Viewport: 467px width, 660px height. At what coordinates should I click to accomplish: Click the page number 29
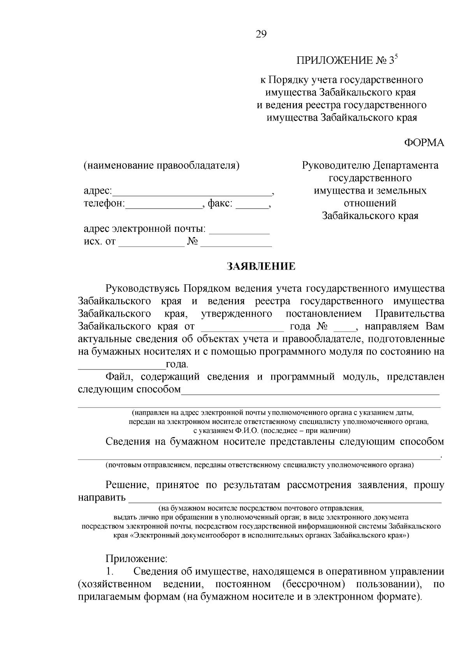click(261, 35)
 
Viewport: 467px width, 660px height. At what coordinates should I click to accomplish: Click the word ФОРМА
click(424, 143)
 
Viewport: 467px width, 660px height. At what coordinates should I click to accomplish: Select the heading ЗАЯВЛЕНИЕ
click(261, 266)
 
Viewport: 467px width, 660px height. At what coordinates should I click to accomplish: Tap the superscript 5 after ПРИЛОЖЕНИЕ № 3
click(397, 57)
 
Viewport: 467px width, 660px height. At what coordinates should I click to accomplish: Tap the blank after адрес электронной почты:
click(239, 232)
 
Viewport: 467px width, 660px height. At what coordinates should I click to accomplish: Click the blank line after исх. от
click(151, 245)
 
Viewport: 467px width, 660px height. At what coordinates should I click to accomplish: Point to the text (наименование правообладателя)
click(162, 166)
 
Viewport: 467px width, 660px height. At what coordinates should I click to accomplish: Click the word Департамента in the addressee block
click(406, 166)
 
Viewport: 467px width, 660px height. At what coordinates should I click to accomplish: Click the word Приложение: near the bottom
click(136, 559)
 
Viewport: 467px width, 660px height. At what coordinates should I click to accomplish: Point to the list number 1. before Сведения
click(110, 572)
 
